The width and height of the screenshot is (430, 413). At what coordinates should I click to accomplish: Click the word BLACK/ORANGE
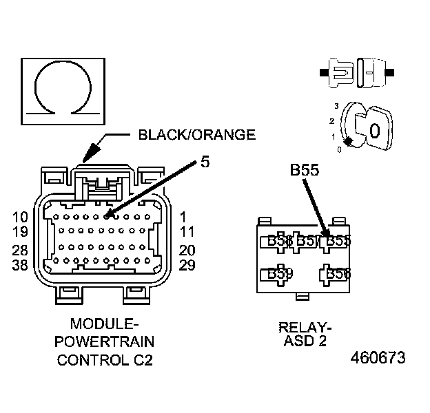pos(196,135)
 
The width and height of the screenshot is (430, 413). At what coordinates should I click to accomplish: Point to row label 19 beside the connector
pos(21,232)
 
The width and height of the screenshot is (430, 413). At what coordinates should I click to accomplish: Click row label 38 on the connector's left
pos(21,265)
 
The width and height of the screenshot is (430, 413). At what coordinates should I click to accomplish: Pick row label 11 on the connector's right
pos(187,232)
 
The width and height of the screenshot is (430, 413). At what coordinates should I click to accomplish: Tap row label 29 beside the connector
pos(187,265)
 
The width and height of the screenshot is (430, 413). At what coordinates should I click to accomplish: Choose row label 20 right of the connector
pos(187,250)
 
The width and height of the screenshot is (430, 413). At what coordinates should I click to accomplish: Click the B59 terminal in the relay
pos(280,274)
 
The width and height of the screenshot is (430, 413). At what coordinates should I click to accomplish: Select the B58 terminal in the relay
pos(338,274)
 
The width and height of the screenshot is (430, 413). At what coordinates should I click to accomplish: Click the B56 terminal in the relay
pos(280,241)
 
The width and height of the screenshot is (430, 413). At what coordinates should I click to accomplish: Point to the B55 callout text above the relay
pos(303,170)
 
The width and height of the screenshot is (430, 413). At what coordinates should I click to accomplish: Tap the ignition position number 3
pos(336,106)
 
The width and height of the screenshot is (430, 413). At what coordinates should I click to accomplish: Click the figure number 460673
pos(378,359)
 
